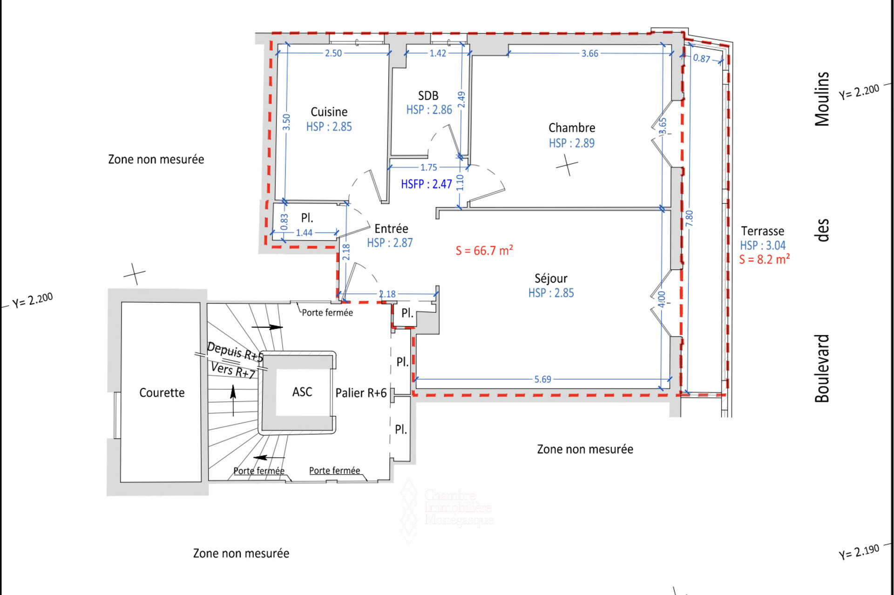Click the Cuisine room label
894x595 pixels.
click(329, 112)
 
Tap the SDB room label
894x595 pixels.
click(428, 95)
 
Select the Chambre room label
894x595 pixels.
click(572, 128)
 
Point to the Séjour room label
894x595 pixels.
click(551, 278)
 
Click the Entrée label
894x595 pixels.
click(391, 229)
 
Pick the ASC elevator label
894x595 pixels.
click(302, 392)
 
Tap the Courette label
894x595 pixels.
click(162, 392)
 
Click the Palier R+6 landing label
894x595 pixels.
click(361, 393)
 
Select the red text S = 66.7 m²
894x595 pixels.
click(484, 250)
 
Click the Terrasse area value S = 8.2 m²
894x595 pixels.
click(764, 259)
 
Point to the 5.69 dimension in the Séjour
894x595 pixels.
click(542, 379)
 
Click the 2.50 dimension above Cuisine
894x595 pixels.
click(333, 53)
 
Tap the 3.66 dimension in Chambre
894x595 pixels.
click(590, 54)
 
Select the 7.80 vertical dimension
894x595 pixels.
click(689, 218)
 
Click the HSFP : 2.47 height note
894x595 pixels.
click(427, 184)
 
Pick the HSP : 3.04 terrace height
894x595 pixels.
click(763, 245)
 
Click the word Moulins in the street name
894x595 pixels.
click(822, 99)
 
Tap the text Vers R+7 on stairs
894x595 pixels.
click(233, 371)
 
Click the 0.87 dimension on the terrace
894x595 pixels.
click(702, 58)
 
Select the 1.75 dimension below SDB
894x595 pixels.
click(429, 167)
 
